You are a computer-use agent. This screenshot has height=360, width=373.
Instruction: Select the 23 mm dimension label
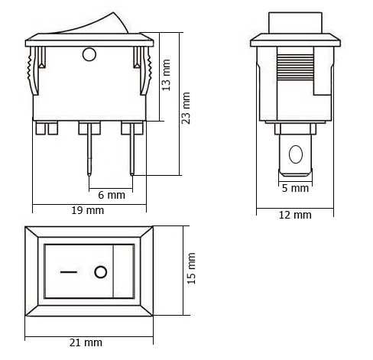[x=186, y=107]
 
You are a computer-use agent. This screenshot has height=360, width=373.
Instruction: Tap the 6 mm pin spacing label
[x=112, y=195]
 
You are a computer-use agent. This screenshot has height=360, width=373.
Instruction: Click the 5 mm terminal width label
[x=295, y=188]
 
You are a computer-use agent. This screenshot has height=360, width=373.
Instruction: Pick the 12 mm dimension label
[x=295, y=215]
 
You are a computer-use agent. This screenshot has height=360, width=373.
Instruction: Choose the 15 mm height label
[x=192, y=269]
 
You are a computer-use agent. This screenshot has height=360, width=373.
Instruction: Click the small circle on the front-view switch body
[x=89, y=54]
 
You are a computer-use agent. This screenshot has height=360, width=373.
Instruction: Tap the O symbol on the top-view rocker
[x=100, y=271]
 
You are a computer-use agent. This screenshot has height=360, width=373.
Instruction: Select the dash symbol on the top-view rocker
[x=70, y=271]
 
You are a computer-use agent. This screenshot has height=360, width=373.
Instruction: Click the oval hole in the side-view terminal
[x=294, y=155]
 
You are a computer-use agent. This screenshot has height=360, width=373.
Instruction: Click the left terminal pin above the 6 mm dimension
[x=89, y=149]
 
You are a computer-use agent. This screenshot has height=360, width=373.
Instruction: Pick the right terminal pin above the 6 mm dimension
[x=131, y=149]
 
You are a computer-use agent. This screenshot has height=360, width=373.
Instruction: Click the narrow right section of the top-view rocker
[x=123, y=271]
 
